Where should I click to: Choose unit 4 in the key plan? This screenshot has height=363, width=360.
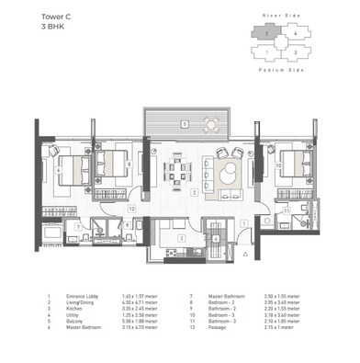pyautogui.click(x=292, y=35)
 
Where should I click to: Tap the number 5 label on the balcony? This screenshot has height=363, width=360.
pyautogui.click(x=183, y=123)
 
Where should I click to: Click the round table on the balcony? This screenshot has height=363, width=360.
pyautogui.click(x=211, y=122)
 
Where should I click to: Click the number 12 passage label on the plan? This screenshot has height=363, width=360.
pyautogui.click(x=131, y=209)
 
